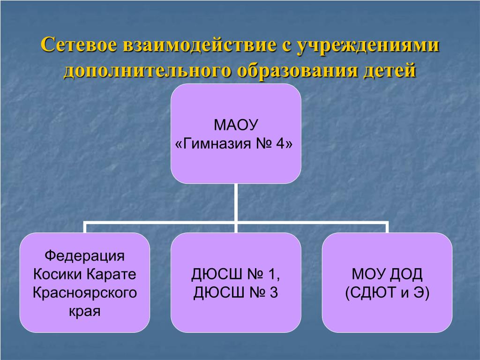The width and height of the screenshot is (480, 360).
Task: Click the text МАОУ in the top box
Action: click(236, 126)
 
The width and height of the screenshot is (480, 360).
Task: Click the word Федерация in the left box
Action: click(85, 256)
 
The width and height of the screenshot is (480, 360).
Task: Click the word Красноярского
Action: click(85, 293)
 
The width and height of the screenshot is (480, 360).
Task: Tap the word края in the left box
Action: click(85, 311)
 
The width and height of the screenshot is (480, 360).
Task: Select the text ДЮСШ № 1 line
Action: click(236, 274)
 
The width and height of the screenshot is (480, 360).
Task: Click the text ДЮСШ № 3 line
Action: click(236, 293)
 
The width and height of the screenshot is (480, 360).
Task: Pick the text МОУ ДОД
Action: click(387, 274)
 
